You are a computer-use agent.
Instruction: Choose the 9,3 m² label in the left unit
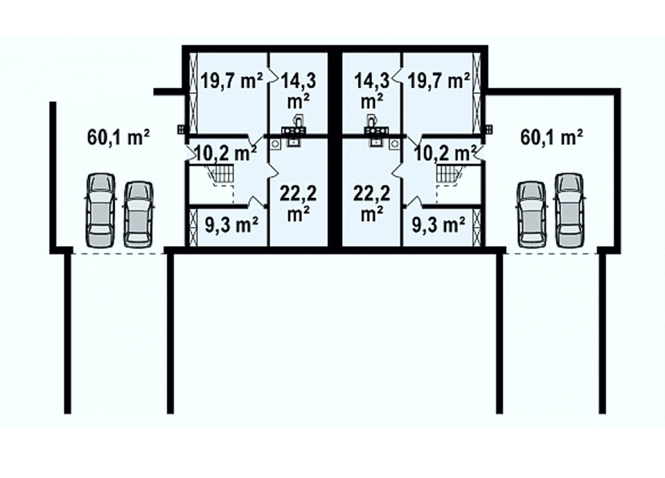(x=232, y=225)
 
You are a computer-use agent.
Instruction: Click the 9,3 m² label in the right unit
(x=438, y=225)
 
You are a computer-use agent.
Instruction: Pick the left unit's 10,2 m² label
(x=226, y=153)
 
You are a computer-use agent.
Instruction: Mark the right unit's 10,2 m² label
(x=445, y=153)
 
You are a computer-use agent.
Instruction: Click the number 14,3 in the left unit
(x=298, y=80)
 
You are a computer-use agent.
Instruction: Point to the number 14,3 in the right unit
(x=372, y=80)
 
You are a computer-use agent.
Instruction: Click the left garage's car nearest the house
(x=137, y=214)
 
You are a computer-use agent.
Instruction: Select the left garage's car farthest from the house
(x=101, y=211)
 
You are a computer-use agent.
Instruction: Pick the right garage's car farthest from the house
(x=569, y=211)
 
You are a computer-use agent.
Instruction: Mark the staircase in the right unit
(x=448, y=175)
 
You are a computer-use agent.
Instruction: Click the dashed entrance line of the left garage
(x=118, y=254)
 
